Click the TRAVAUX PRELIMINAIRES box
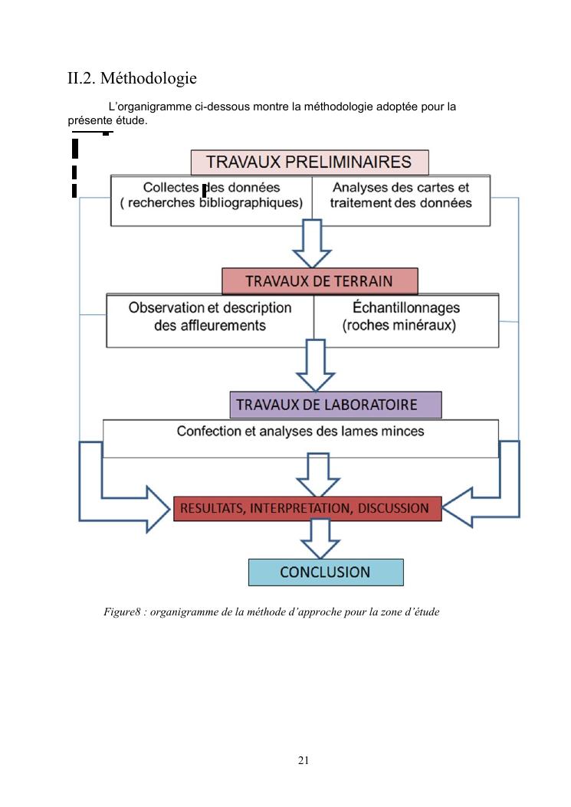(x=309, y=162)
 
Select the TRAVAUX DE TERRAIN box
(x=320, y=281)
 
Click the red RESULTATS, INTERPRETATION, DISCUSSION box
(x=307, y=508)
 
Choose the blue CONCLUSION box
(x=326, y=572)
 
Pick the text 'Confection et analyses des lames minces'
(x=300, y=431)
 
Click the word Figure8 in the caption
(x=123, y=612)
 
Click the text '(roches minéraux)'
(x=399, y=325)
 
